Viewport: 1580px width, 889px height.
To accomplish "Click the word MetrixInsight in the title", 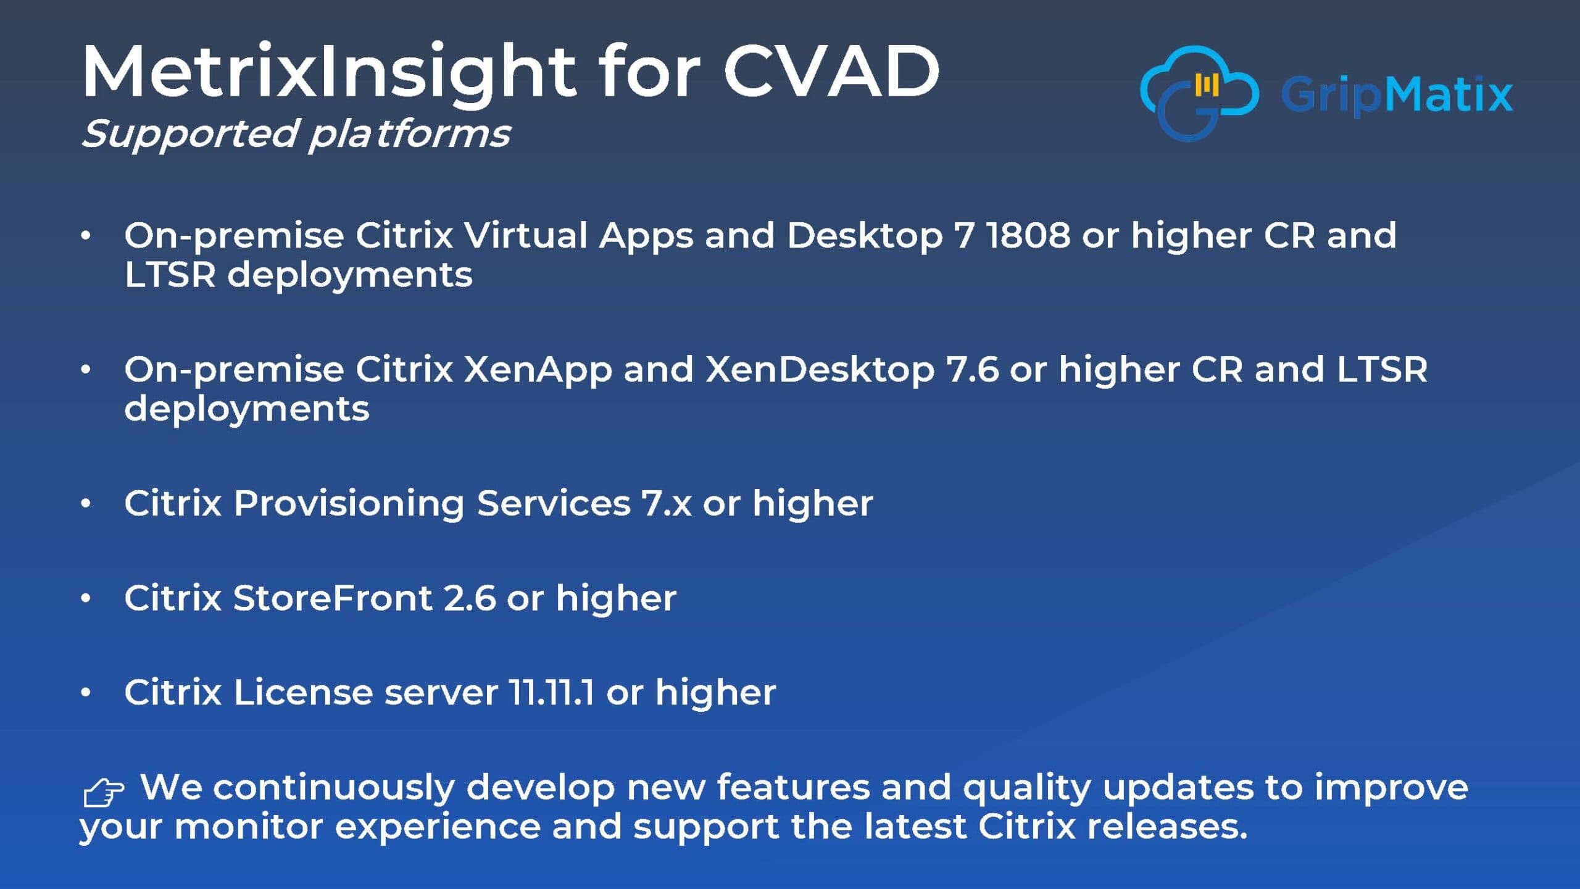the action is click(329, 74).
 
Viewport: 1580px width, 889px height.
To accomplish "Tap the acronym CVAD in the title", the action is click(831, 72).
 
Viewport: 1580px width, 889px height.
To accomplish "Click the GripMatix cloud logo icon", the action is click(1199, 93).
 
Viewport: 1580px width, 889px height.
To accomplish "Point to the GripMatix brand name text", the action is click(1397, 95).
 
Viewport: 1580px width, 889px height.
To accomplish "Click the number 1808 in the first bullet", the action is click(1028, 236).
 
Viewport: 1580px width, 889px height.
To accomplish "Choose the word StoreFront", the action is click(333, 598).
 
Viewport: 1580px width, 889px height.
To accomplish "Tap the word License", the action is click(303, 693).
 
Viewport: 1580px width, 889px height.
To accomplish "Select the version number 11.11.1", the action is click(551, 693).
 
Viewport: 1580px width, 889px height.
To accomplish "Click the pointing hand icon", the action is click(103, 793).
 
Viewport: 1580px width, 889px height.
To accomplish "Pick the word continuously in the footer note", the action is click(334, 788).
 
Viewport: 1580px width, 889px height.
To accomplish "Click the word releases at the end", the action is click(1167, 827).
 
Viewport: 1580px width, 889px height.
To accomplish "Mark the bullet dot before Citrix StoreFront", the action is click(86, 598).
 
